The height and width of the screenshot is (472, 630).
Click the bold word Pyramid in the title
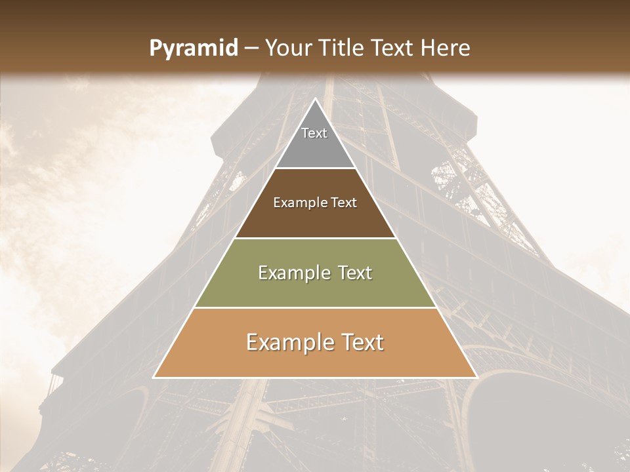click(194, 49)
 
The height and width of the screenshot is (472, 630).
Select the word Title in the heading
click(345, 49)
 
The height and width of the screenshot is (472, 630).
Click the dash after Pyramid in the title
click(252, 49)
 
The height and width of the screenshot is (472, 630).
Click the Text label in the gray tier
click(314, 133)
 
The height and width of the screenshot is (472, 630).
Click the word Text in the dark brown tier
click(344, 203)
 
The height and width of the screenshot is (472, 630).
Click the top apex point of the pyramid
click(315, 99)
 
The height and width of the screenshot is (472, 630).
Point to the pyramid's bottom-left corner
click(154, 378)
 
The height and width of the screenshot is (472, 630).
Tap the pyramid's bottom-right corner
click(476, 378)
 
